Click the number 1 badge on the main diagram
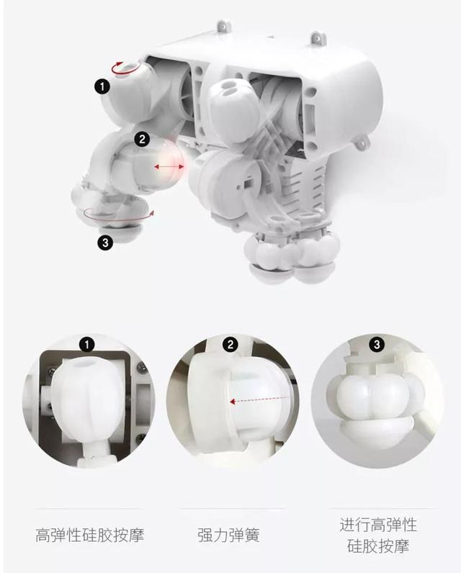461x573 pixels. point(102,86)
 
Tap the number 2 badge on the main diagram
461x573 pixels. point(141,138)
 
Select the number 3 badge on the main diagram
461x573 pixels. point(106,243)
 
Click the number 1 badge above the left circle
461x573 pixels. point(87,345)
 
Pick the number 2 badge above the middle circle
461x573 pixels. point(230,345)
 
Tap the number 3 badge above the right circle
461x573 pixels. point(376,345)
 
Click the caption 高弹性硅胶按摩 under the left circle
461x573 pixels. point(89,536)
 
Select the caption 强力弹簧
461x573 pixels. point(228,536)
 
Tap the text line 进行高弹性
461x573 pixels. point(378,523)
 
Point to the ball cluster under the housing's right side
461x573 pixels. point(293,256)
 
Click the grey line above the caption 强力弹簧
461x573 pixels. point(229,509)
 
